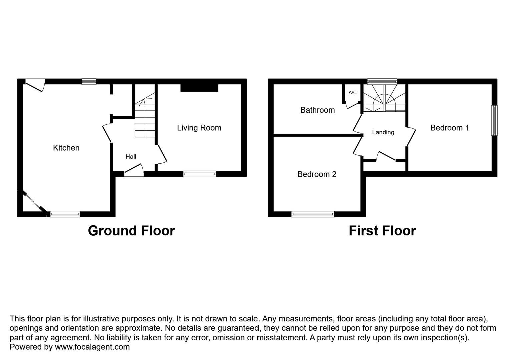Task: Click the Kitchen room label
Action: [x=66, y=148]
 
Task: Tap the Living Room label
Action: [x=199, y=128]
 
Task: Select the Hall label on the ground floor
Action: [x=131, y=156]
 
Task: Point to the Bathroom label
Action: [x=317, y=110]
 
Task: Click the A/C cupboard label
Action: [x=352, y=93]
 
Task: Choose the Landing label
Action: [x=383, y=132]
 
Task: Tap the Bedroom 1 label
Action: [x=449, y=128]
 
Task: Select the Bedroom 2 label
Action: [x=317, y=174]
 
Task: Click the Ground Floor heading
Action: [x=131, y=231]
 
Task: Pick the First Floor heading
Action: [x=382, y=231]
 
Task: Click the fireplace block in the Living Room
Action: [x=199, y=88]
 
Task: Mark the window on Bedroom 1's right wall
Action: [x=494, y=120]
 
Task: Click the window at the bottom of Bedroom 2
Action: [x=313, y=214]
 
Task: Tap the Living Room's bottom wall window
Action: [x=200, y=174]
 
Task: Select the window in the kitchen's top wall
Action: [x=89, y=81]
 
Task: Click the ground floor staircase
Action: [x=145, y=117]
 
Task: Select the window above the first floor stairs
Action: [x=382, y=81]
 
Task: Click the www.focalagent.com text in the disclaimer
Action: [x=92, y=347]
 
